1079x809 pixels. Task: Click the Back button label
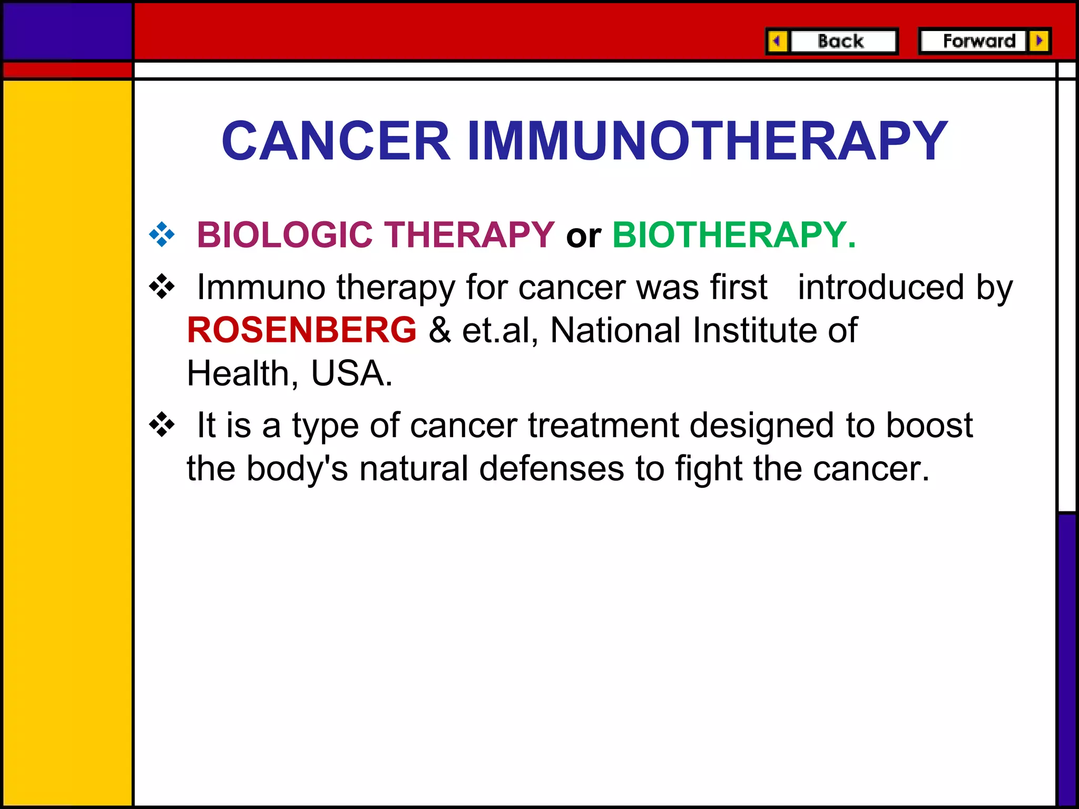point(840,41)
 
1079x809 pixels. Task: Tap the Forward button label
point(979,41)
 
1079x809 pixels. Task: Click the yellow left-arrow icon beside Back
point(777,41)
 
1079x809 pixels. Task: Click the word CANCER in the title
point(336,141)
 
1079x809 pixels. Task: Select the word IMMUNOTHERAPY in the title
point(707,141)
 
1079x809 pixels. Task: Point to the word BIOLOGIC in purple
point(285,234)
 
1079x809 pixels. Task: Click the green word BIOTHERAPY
point(734,234)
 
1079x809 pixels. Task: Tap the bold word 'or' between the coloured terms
point(583,236)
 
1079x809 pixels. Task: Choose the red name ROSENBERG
point(302,330)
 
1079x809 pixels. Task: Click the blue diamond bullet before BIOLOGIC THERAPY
point(162,234)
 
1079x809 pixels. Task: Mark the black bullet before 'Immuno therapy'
point(162,287)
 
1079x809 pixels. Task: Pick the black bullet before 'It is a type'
point(162,425)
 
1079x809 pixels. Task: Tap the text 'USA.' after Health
point(352,373)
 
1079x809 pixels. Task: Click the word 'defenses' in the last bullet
point(552,468)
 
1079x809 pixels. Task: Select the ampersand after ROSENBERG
point(439,330)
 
